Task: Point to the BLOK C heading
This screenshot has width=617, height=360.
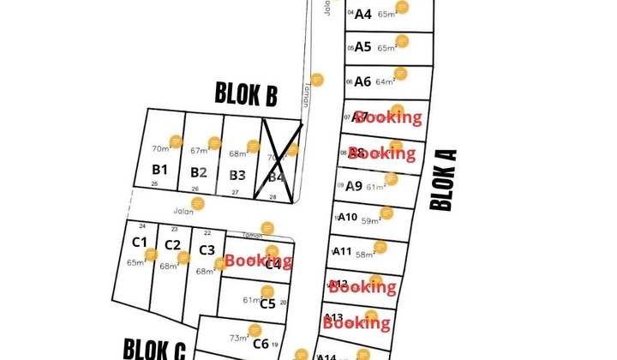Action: [x=154, y=349]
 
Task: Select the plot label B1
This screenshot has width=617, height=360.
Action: [x=159, y=169]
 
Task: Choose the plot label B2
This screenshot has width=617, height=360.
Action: [x=199, y=172]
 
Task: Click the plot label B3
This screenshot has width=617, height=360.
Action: [x=237, y=175]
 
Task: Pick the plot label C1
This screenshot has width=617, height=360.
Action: [x=140, y=242]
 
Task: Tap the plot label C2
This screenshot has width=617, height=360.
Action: [x=172, y=245]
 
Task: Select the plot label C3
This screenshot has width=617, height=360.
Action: [x=207, y=249]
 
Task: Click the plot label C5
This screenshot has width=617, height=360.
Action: [x=267, y=303]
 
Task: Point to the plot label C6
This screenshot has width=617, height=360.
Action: [x=261, y=344]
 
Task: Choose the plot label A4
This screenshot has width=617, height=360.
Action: [x=362, y=14]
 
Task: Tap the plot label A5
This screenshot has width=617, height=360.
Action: [x=362, y=47]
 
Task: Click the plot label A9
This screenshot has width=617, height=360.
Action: [x=353, y=185]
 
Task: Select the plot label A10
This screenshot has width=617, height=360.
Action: [x=347, y=217]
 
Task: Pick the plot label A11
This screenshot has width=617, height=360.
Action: [x=343, y=251]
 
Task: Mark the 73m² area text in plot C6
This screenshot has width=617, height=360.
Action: [x=238, y=338]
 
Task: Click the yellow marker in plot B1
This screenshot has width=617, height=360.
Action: [x=176, y=141]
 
